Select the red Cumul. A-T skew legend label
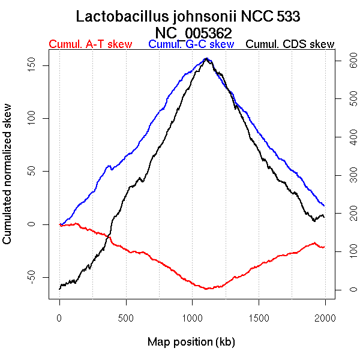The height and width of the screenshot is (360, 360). coord(90,44)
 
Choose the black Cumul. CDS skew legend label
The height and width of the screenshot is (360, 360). coord(290,44)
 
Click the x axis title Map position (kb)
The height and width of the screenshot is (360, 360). coord(191,342)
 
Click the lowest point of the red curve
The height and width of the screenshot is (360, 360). coord(206,289)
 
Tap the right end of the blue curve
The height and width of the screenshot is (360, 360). coord(324,206)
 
